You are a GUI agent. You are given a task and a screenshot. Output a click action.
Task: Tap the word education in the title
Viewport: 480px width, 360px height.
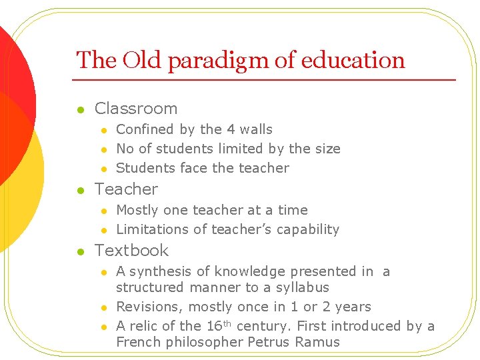tap(353, 61)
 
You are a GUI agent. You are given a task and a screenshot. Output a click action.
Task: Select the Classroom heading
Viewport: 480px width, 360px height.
tap(136, 109)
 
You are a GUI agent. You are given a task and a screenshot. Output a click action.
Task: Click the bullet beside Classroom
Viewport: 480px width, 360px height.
tap(79, 109)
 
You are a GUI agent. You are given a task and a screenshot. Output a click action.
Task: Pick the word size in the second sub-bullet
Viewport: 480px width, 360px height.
tap(327, 149)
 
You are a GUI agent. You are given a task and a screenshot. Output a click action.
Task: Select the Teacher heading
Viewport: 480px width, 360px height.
tap(126, 189)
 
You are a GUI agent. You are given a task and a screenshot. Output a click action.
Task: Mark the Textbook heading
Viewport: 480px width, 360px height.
tap(132, 251)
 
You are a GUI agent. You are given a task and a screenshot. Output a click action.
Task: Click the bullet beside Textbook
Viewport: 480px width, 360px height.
tap(79, 251)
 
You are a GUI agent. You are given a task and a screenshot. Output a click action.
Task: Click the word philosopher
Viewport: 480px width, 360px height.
tap(197, 343)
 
